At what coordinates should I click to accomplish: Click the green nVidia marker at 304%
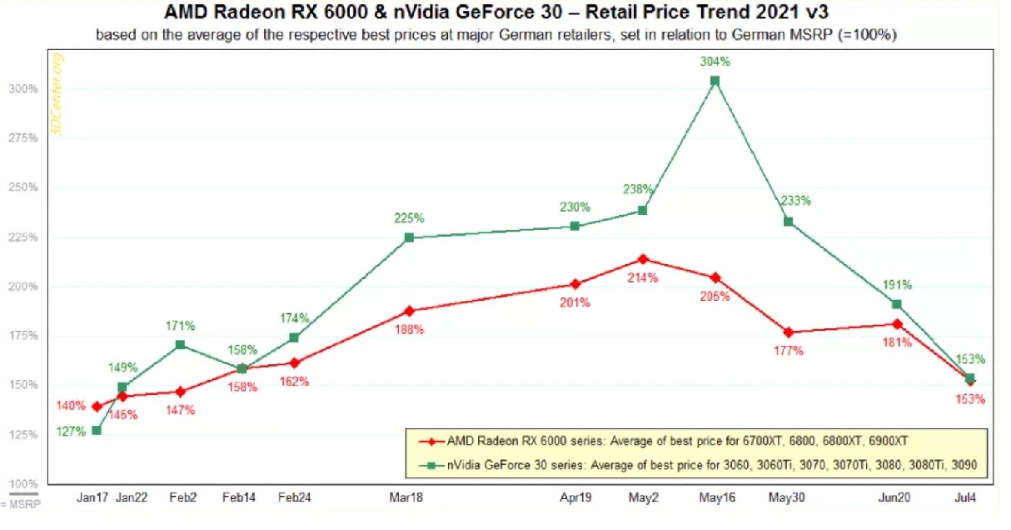coord(715,81)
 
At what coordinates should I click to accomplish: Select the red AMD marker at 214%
coord(643,259)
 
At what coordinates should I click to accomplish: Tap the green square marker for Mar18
coord(409,238)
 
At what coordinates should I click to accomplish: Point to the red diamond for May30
coord(788,332)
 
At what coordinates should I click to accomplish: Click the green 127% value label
coord(71,431)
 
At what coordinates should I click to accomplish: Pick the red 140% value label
coord(71,406)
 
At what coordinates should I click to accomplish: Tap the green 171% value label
coord(180,325)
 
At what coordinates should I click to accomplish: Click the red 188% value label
coord(409,330)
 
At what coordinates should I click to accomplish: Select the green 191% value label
coord(897,285)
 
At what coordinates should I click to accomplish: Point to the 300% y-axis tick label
coord(23,89)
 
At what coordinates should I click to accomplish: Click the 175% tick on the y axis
coord(23,336)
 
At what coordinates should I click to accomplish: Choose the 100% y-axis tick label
coord(23,484)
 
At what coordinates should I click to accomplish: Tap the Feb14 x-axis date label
coord(239,497)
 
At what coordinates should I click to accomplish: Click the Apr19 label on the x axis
coord(576,497)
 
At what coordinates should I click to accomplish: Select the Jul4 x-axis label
coord(965,497)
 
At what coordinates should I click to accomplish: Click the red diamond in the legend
coord(432,441)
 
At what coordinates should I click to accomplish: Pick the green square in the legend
coord(432,465)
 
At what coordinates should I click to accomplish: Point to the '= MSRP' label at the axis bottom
coord(21,504)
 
